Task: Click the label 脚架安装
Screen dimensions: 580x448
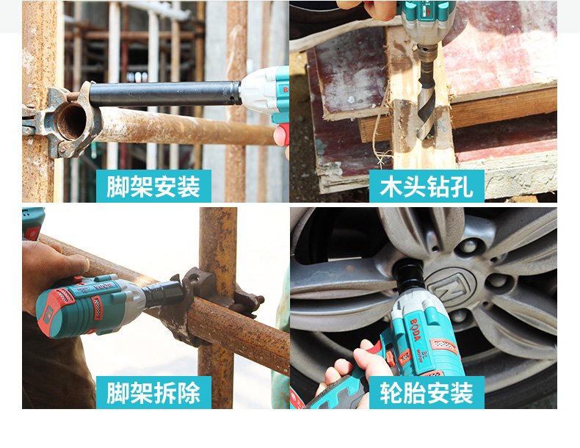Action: tap(153, 187)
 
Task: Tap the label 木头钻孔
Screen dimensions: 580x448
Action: tap(427, 187)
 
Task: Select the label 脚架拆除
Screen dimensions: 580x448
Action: tap(153, 392)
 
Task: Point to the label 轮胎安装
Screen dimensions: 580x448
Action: tap(427, 392)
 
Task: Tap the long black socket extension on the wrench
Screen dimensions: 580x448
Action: tap(165, 94)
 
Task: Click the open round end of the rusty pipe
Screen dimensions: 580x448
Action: tap(71, 121)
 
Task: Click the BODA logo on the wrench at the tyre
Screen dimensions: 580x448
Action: tap(416, 330)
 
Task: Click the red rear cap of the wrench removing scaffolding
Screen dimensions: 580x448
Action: tap(50, 314)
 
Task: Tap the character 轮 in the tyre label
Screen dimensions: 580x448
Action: tap(391, 392)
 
